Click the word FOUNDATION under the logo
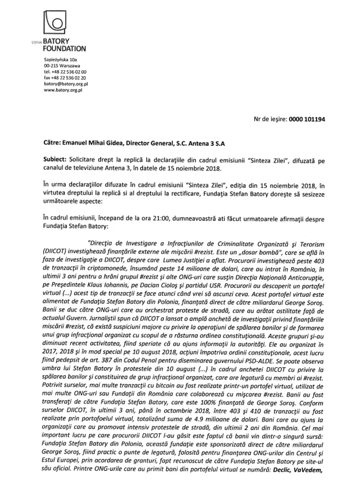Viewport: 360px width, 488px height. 64,48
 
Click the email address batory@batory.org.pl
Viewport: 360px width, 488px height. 66,83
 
